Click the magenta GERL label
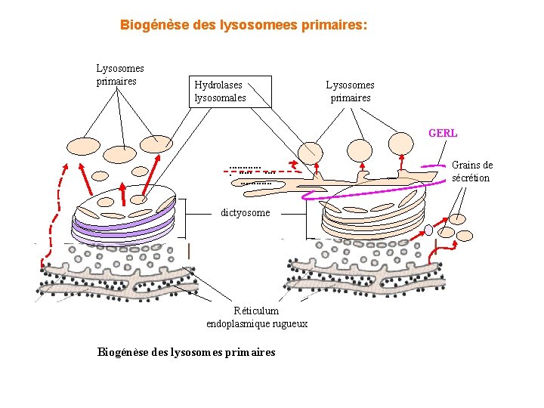coord(443,133)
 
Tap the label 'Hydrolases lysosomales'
coord(220,91)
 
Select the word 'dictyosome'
coord(245,213)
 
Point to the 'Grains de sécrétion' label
coord(471,172)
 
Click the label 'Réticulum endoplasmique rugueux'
coord(257,317)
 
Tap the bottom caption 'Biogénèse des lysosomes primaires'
coord(187,352)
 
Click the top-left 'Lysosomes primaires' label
coord(119,75)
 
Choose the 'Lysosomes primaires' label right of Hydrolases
coord(350,91)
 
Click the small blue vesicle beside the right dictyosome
coord(428,229)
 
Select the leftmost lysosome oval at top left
coord(83,146)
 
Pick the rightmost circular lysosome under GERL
coord(401,143)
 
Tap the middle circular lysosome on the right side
coord(360,150)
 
